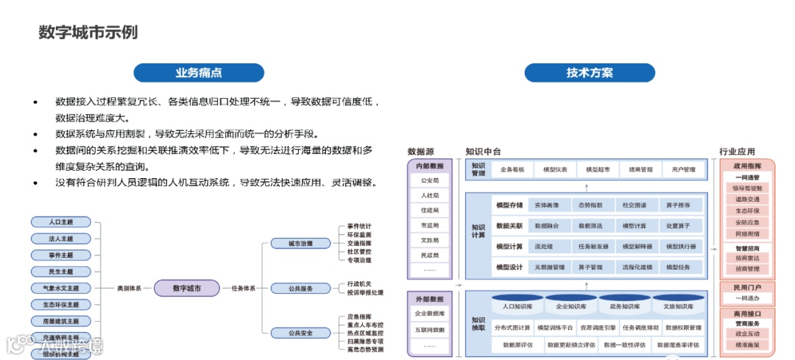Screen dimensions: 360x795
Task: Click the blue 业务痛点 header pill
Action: pyautogui.click(x=198, y=73)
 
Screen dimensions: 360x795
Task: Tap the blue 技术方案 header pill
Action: pyautogui.click(x=589, y=73)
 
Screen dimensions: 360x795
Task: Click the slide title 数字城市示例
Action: pyautogui.click(x=88, y=32)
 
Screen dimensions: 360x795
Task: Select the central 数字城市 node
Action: pyautogui.click(x=186, y=289)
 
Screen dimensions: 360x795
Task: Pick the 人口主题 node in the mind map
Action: pyautogui.click(x=61, y=222)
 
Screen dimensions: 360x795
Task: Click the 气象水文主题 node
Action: pyautogui.click(x=61, y=288)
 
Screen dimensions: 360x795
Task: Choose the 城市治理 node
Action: pyautogui.click(x=300, y=243)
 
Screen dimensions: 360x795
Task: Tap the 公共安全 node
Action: pyautogui.click(x=300, y=333)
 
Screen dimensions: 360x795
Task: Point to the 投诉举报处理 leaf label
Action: pyautogui.click(x=365, y=293)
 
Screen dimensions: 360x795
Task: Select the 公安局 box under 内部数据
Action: pyautogui.click(x=430, y=180)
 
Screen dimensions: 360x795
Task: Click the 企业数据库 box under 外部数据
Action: pyautogui.click(x=430, y=314)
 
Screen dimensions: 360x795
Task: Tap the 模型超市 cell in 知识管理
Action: pyautogui.click(x=597, y=169)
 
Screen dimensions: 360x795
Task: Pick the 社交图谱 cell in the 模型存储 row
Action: pyautogui.click(x=635, y=205)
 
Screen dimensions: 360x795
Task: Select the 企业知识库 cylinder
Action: pyautogui.click(x=570, y=306)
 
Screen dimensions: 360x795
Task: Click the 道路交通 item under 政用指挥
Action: pyautogui.click(x=747, y=199)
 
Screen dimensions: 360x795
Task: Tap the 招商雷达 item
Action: pyautogui.click(x=747, y=258)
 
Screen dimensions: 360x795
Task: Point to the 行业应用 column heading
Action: pyautogui.click(x=737, y=152)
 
